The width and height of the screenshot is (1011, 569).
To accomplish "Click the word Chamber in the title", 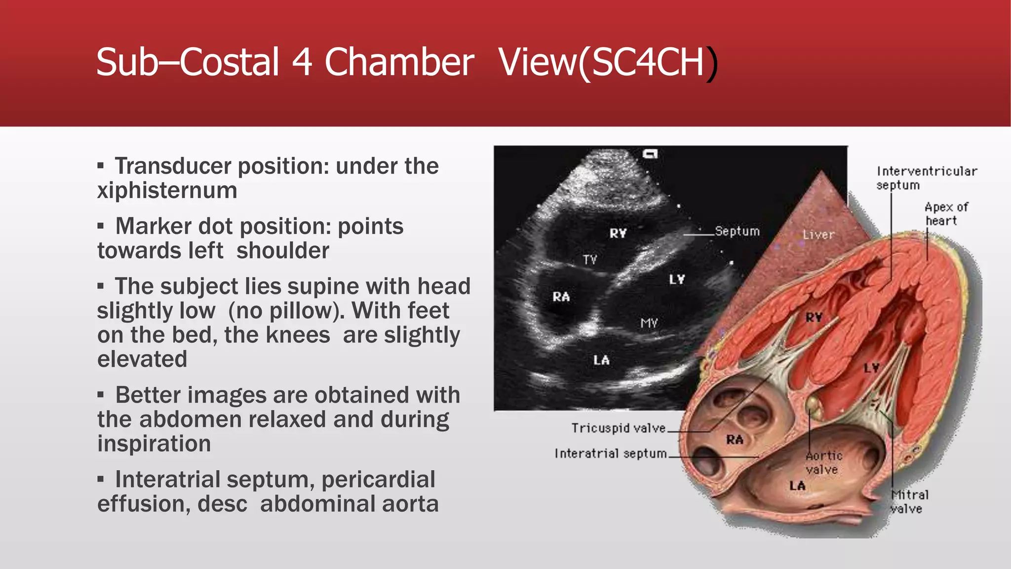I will click(x=399, y=62).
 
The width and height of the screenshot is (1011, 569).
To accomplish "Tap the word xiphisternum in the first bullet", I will click(x=167, y=191).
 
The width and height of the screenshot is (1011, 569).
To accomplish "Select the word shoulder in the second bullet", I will click(x=282, y=250).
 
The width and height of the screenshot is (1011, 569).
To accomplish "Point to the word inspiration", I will click(x=154, y=444).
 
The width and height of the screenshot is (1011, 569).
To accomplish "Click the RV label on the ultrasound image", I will click(x=618, y=233).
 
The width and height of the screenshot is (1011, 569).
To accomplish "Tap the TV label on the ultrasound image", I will click(x=590, y=260).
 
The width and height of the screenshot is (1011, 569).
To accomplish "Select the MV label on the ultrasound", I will click(x=649, y=323).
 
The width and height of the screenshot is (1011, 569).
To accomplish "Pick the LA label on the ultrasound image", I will click(x=601, y=361).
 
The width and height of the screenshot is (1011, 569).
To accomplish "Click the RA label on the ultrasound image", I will click(x=561, y=297).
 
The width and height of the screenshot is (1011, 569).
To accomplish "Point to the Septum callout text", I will click(x=737, y=231).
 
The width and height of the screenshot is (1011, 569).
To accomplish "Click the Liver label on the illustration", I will click(x=818, y=235).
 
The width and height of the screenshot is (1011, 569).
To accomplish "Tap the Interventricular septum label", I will click(x=926, y=178).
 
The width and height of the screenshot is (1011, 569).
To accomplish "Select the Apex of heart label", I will click(x=946, y=214).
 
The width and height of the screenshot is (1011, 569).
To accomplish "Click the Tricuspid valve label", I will click(x=618, y=428).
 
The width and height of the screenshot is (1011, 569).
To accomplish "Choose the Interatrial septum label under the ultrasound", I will click(x=610, y=453).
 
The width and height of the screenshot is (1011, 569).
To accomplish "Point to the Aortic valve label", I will click(x=823, y=463).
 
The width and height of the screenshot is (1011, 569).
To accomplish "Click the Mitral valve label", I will click(x=909, y=501).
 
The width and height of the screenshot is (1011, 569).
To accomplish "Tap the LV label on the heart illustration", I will click(x=871, y=368).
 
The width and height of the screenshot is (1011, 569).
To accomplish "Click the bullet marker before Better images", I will click(x=101, y=395).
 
